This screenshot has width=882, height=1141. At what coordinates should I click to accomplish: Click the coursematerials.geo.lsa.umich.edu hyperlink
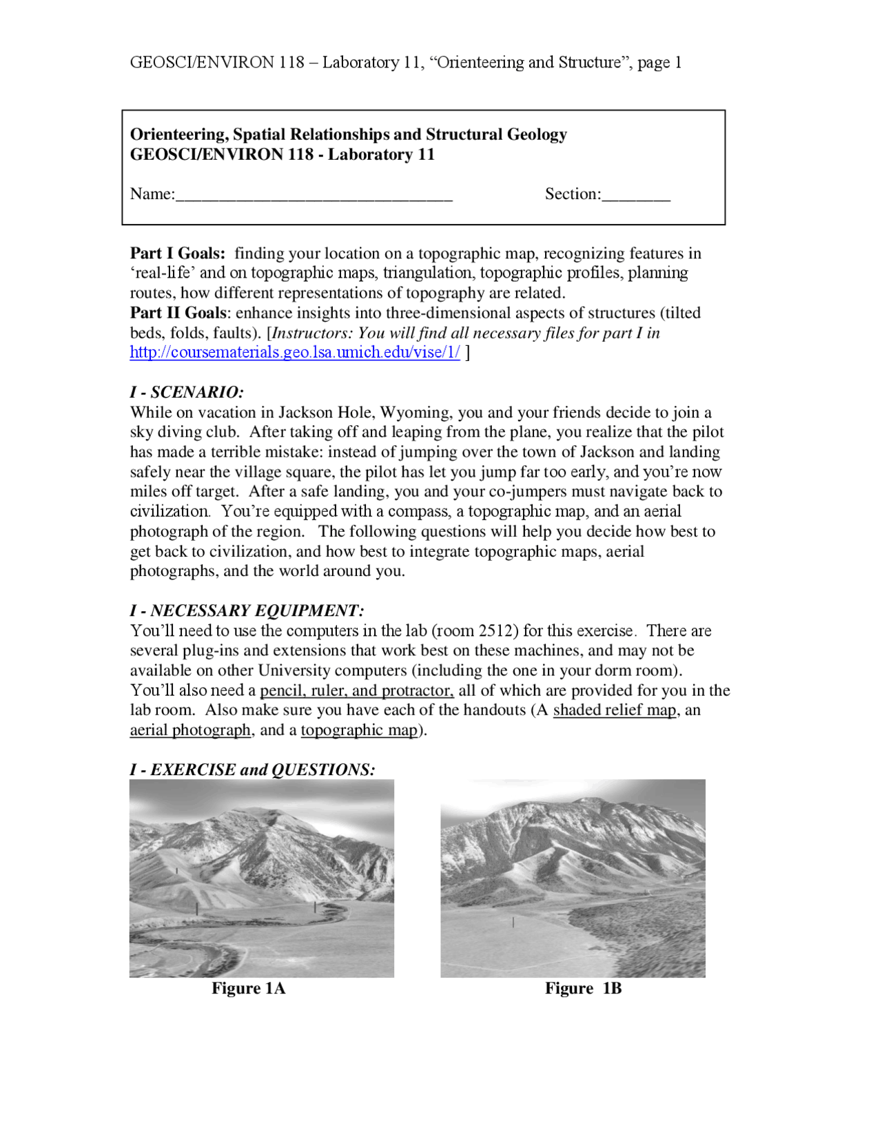294,353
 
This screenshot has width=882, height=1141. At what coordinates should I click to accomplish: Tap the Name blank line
314,196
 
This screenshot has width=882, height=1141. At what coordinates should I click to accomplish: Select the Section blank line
635,196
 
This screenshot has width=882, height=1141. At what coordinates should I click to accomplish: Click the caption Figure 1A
248,988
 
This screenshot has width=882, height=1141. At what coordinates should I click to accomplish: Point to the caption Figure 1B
583,988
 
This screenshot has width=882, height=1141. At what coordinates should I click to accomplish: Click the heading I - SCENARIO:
187,392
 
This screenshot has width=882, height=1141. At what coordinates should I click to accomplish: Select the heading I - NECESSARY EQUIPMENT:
247,610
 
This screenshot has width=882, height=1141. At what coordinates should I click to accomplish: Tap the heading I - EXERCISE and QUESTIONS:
252,770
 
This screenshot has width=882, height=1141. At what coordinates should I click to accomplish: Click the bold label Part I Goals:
178,254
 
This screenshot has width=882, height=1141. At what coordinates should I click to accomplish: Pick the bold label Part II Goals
178,313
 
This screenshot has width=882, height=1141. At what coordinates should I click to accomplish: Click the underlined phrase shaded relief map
614,710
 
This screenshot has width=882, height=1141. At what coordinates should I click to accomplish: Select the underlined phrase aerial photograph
190,730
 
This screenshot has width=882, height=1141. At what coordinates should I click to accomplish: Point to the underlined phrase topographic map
359,730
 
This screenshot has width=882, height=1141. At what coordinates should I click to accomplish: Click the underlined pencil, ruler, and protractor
356,690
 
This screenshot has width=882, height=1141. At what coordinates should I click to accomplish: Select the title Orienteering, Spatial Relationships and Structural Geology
348,134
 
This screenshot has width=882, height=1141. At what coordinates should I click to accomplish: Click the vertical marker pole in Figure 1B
513,921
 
